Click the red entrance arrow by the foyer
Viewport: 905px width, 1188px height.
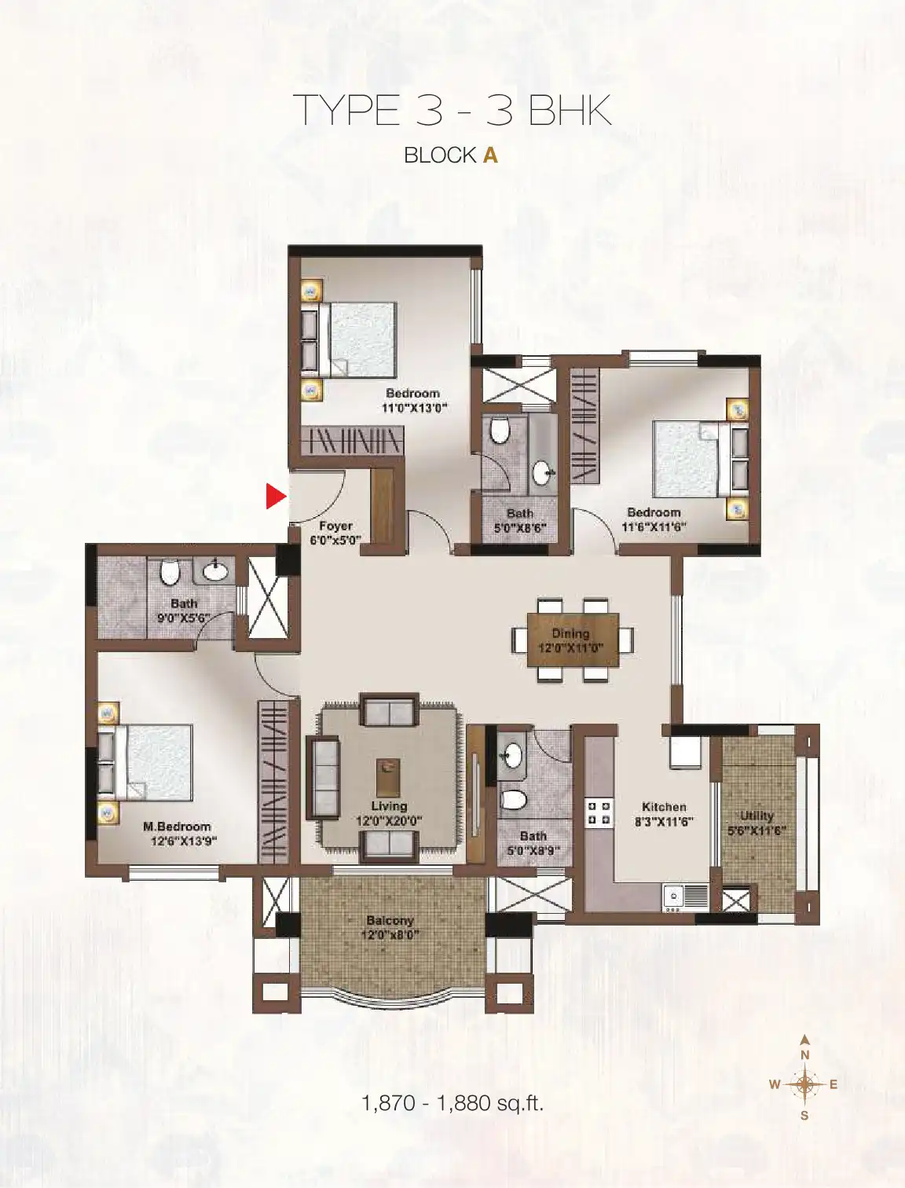pos(276,497)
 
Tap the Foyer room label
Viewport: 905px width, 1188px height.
pos(335,526)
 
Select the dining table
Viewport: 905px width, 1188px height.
pos(573,640)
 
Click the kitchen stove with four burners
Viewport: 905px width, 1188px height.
pos(599,812)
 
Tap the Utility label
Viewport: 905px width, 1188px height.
pos(757,815)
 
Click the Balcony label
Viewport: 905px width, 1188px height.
pos(390,920)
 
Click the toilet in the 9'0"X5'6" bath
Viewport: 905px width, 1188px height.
pos(170,572)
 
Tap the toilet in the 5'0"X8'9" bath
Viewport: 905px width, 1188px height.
pos(513,799)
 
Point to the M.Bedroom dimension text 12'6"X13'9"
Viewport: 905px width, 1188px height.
pos(184,841)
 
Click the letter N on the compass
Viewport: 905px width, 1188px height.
pos(805,1055)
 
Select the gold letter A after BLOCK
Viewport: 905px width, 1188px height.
pos(490,156)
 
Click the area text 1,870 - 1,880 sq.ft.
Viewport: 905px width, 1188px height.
pos(452,1103)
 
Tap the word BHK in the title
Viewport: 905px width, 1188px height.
pos(570,111)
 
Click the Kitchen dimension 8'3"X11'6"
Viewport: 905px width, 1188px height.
pos(665,822)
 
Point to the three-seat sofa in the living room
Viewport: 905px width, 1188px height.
pos(323,777)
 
